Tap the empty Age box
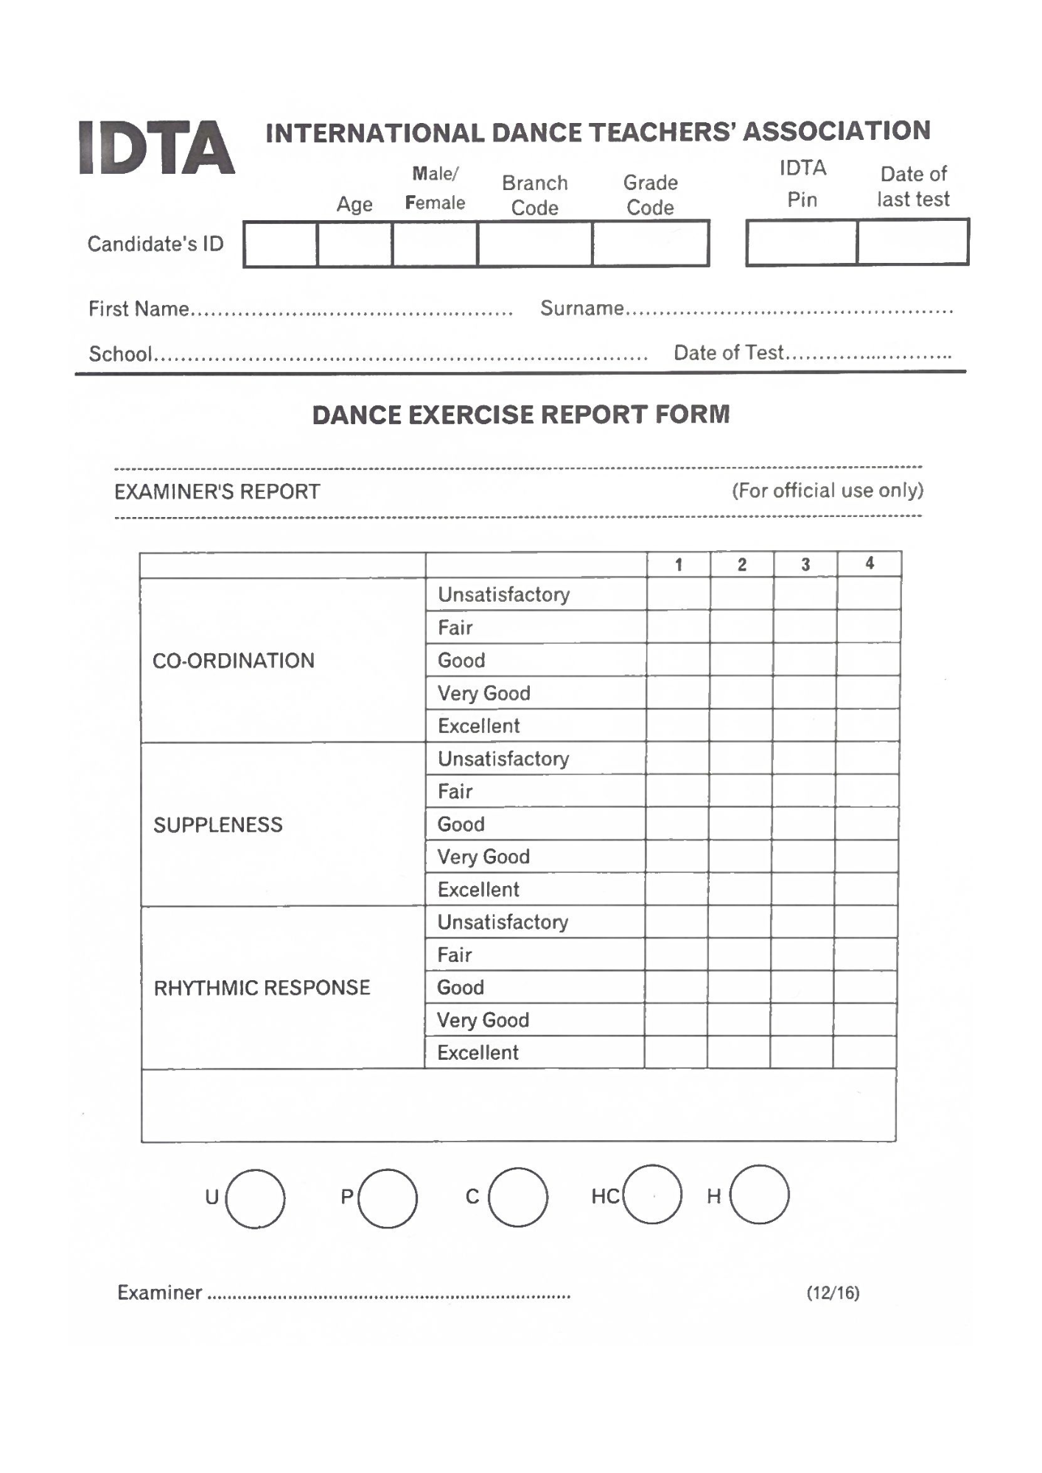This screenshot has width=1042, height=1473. tap(354, 244)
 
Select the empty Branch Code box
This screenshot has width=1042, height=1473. tap(534, 244)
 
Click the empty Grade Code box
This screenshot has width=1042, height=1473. tap(650, 244)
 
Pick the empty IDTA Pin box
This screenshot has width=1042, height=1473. tap(802, 242)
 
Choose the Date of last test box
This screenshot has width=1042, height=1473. tap(912, 242)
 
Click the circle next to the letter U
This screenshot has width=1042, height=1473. tap(255, 1198)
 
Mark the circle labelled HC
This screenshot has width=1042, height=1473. tap(652, 1195)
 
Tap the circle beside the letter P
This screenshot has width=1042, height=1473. tap(388, 1198)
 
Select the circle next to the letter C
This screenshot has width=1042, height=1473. tap(518, 1197)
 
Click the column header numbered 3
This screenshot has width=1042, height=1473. tap(805, 565)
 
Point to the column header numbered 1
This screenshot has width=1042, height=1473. tap(679, 565)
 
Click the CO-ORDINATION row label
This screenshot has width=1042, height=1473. tap(234, 661)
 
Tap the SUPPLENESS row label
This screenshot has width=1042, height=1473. tap(218, 825)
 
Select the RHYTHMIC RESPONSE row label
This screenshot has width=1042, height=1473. tap(262, 988)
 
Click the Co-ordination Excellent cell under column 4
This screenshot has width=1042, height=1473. tap(868, 725)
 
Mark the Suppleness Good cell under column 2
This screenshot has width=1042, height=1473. tap(741, 824)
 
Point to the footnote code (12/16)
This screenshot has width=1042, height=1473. tap(833, 1293)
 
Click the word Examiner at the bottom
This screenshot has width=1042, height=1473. tap(160, 1293)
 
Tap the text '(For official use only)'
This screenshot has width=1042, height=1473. tap(827, 491)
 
